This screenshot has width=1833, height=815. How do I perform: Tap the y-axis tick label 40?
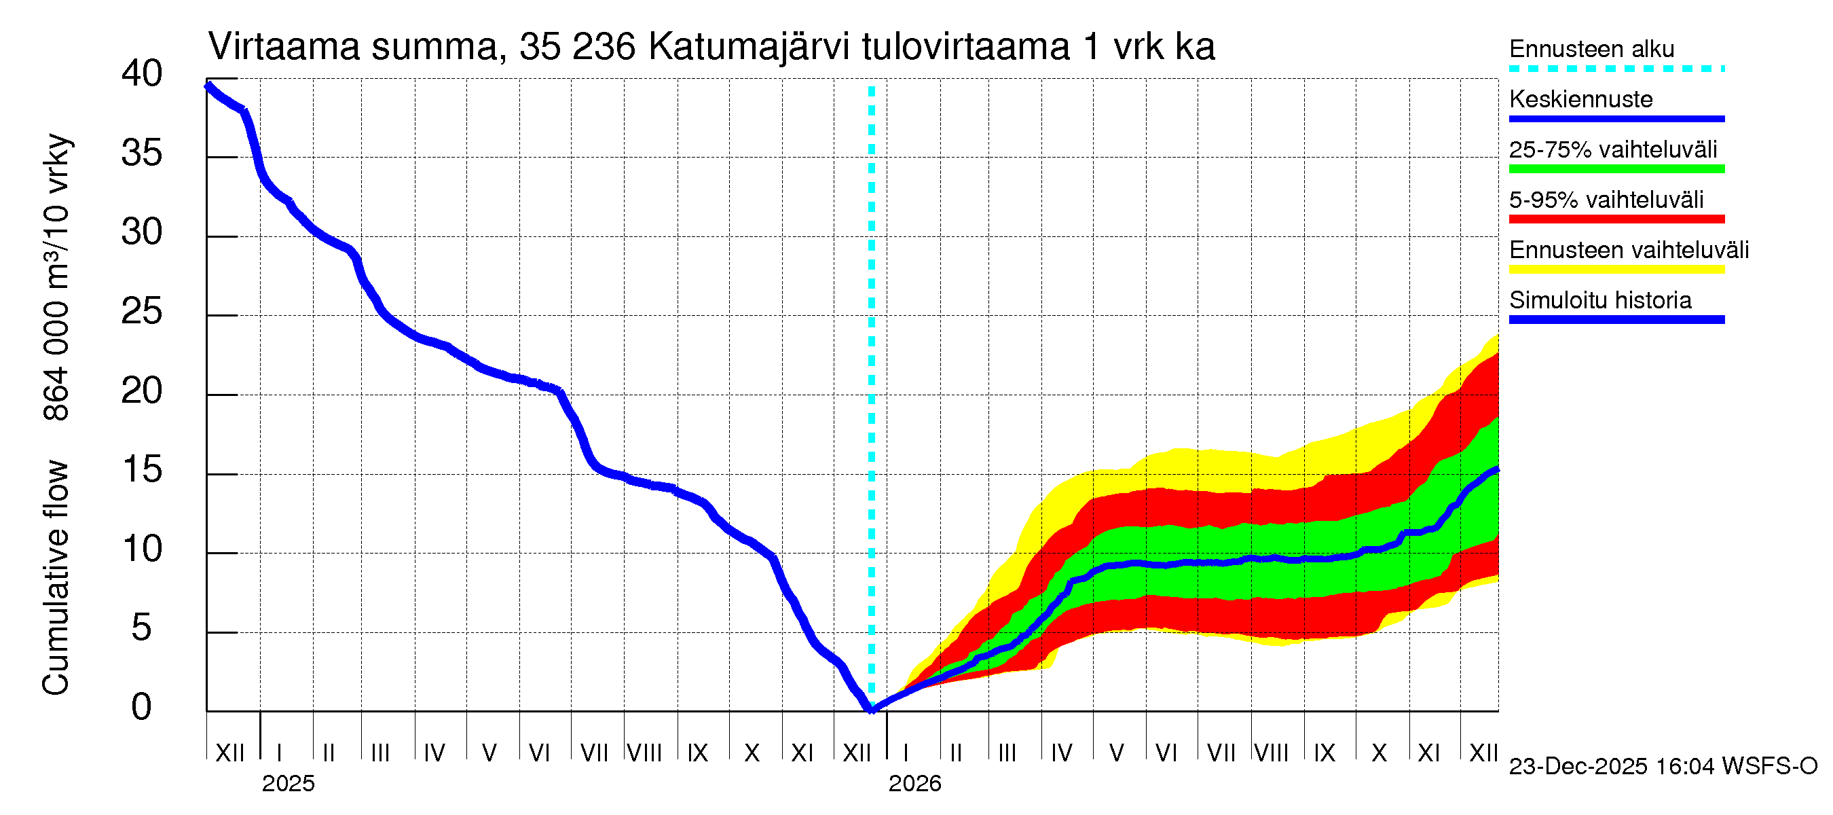coord(142,74)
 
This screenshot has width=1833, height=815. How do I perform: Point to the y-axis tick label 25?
coord(142,312)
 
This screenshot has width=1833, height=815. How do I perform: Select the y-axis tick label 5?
coord(142,628)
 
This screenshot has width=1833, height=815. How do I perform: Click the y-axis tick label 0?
coord(142,708)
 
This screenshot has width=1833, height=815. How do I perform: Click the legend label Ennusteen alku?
coord(1591,49)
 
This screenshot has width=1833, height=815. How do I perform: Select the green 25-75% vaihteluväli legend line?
coord(1616,169)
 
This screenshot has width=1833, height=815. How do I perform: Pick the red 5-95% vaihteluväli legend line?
coord(1616,219)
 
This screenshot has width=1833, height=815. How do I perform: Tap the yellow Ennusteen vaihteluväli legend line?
coord(1616,270)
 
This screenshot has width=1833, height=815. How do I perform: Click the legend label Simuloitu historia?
coord(1599,300)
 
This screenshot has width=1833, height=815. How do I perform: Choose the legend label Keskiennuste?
coord(1580,100)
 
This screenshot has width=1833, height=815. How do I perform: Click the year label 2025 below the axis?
coord(287,784)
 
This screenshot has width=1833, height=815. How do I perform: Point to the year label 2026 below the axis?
coord(914,784)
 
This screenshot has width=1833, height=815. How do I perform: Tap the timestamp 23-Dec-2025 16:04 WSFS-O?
coord(1662,767)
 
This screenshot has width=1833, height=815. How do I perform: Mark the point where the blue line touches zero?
coord(871,709)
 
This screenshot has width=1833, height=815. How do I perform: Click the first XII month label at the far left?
coord(229,753)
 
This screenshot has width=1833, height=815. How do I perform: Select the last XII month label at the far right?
coord(1483,753)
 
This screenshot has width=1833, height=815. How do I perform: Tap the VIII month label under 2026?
coord(1271,753)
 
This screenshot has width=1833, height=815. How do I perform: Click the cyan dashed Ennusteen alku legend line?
coord(1616,69)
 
